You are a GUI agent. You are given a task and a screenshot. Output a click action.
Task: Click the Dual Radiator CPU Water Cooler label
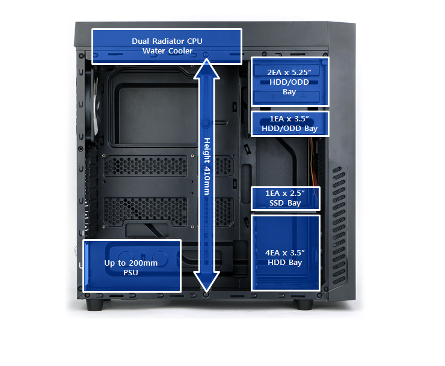(167, 46)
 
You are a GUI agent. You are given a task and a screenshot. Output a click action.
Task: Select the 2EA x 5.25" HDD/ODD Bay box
(290, 82)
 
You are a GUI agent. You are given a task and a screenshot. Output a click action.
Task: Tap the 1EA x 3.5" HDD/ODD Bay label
(289, 123)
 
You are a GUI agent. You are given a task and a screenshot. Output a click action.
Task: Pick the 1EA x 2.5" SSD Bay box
(286, 198)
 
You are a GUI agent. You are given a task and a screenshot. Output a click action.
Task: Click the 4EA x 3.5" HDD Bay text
(285, 257)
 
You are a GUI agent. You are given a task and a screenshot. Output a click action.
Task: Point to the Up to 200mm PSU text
(131, 267)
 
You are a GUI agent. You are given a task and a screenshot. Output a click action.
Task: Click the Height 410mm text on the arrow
(207, 166)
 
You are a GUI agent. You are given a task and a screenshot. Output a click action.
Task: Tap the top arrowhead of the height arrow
(207, 68)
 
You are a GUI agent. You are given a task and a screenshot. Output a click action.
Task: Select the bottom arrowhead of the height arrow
(207, 281)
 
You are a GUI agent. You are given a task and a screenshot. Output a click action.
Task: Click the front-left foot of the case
(95, 305)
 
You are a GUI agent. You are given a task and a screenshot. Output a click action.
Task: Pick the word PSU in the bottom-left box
(131, 273)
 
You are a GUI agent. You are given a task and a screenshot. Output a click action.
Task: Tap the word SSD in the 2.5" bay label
(277, 203)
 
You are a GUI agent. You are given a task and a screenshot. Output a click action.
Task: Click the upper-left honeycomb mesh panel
(146, 166)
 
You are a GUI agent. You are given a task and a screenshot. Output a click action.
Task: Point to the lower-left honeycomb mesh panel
(146, 212)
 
